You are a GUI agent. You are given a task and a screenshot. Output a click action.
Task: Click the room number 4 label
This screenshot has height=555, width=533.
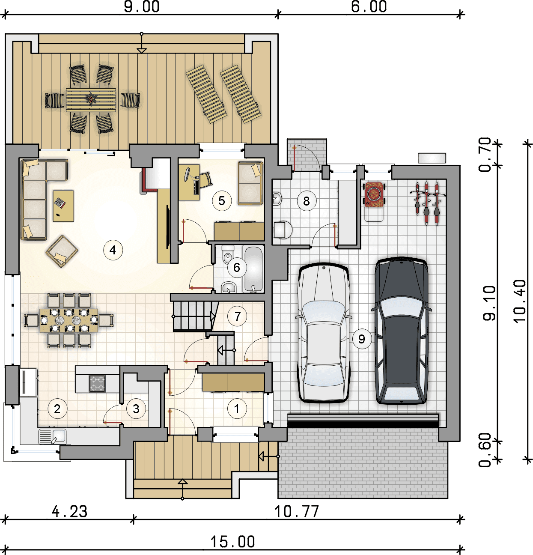pyautogui.click(x=113, y=250)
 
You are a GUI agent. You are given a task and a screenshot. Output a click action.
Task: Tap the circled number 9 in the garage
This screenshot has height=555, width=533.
pyautogui.click(x=362, y=339)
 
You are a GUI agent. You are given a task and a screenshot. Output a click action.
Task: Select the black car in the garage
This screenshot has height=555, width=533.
pyautogui.click(x=401, y=331)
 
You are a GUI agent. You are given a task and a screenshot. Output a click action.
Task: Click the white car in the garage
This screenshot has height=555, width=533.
pyautogui.click(x=323, y=333)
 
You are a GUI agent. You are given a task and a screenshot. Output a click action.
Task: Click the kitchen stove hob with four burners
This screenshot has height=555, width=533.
pyautogui.click(x=97, y=383)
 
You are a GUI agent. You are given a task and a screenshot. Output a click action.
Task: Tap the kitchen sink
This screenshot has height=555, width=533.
pyautogui.click(x=53, y=436)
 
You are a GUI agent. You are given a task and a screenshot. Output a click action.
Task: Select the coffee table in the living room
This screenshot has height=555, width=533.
pyautogui.click(x=63, y=206)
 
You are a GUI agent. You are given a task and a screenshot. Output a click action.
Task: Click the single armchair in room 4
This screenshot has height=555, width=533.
pyautogui.click(x=62, y=251)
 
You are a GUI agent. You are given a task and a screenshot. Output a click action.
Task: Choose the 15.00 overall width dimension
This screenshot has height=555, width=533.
pyautogui.click(x=233, y=542)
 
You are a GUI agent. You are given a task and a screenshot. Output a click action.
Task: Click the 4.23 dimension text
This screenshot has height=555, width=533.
pyautogui.click(x=70, y=511)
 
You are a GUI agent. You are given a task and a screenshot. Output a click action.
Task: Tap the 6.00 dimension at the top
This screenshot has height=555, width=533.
pyautogui.click(x=369, y=6)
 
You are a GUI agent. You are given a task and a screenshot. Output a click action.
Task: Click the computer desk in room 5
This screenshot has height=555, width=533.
pyautogui.click(x=189, y=182)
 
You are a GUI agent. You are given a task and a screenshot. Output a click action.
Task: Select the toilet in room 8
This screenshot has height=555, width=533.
pyautogui.click(x=283, y=230)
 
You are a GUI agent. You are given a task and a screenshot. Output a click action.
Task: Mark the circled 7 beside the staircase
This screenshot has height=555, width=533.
pyautogui.click(x=237, y=316)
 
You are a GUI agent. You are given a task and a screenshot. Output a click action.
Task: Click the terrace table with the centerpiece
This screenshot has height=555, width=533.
pyautogui.click(x=91, y=100)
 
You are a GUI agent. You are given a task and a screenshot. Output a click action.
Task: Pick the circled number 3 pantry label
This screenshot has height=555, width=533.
pyautogui.click(x=136, y=409)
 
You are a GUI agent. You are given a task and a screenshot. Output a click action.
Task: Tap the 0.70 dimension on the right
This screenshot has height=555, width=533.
pyautogui.click(x=485, y=155)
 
